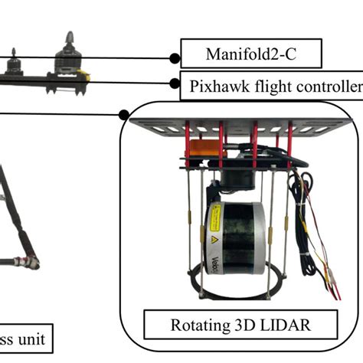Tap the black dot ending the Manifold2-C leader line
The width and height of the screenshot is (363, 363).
tap(175, 57)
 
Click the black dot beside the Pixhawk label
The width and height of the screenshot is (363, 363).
tap(174, 83)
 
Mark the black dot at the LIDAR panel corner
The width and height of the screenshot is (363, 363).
tap(125, 115)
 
